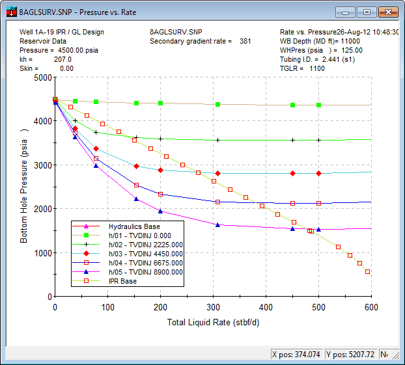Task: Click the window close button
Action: pos(388,12)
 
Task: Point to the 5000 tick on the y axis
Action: pos(42,77)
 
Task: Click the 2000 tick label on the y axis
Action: pos(42,209)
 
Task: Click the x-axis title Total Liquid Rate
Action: pos(213,323)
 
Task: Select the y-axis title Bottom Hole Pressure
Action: pos(24,186)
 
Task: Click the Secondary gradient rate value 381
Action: pos(245,41)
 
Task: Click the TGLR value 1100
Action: pos(317,68)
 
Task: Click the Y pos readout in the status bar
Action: pos(350,355)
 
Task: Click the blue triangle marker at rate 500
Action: pos(318,229)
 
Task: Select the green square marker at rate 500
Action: pos(318,105)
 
